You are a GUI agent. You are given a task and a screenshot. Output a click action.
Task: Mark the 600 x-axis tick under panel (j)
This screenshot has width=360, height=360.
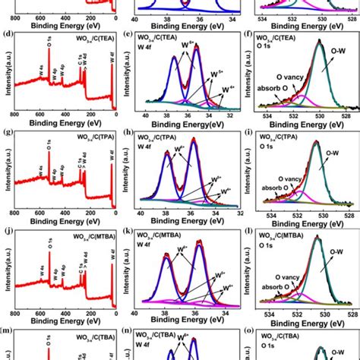(35, 313)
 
